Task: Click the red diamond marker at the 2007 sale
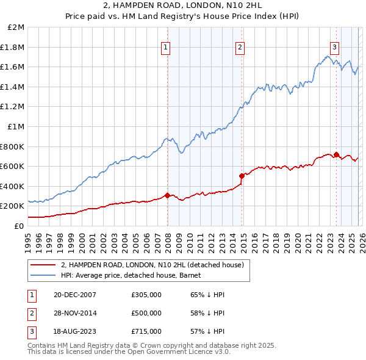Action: (167, 195)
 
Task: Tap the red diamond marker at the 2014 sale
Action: (242, 176)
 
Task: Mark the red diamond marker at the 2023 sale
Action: (336, 154)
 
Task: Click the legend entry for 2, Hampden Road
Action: (152, 265)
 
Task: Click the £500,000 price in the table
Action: (146, 313)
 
